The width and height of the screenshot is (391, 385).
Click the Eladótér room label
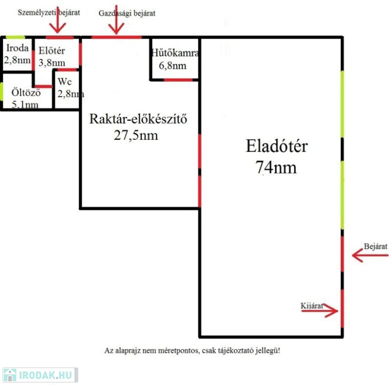[277, 146]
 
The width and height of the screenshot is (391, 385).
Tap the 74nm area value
[276, 167]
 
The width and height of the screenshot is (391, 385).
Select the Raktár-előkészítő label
[138, 119]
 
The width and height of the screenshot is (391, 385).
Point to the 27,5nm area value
[136, 135]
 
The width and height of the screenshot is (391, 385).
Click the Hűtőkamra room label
[175, 53]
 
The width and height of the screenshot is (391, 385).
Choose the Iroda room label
[18, 48]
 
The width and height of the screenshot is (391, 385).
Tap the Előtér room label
[52, 51]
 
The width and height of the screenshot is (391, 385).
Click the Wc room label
[65, 82]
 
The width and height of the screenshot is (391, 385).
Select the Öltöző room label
[26, 92]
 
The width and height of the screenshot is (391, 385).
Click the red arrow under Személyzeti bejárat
[57, 20]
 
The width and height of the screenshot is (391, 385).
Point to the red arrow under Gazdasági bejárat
[116, 20]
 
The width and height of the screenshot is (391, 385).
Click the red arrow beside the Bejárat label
[370, 255]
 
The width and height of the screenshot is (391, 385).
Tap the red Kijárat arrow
[320, 311]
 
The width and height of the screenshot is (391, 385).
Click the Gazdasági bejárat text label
[127, 13]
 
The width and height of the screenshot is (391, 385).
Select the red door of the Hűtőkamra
[178, 80]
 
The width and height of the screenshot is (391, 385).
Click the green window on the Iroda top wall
[15, 37]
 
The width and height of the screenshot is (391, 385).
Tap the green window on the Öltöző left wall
[2, 92]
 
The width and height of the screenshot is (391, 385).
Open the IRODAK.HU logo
[40, 375]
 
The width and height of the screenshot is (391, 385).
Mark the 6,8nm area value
[172, 66]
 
